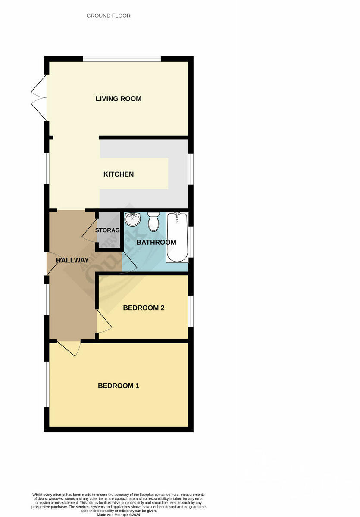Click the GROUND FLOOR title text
pos(108,16)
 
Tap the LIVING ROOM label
pos(119,99)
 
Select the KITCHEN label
pos(119,174)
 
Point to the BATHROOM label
pos(156,242)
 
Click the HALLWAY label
pos(72,260)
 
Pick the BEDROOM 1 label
pos(119,386)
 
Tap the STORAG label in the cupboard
pos(107,230)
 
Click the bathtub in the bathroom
pos(177,237)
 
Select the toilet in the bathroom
pos(153,221)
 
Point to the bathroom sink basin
pos(132,219)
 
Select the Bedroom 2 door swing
pos(103,321)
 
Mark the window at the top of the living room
pos(122,59)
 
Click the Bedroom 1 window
pos(45,384)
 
